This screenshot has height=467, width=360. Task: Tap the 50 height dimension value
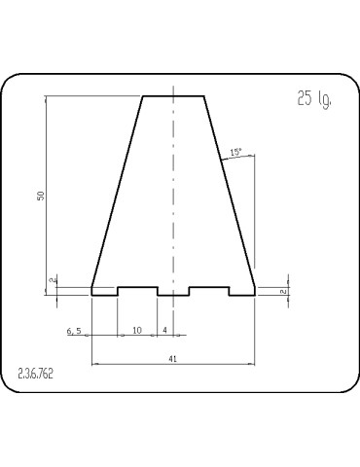[x=41, y=195]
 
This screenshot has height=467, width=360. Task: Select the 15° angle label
[x=235, y=152]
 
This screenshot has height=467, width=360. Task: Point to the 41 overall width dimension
[x=173, y=359]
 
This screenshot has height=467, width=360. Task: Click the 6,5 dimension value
[x=75, y=331]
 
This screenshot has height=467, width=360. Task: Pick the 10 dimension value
[x=137, y=331]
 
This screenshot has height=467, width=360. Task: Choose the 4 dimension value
[x=165, y=331]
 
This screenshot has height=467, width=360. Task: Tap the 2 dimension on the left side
[x=52, y=281]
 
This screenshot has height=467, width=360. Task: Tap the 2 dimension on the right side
[x=281, y=291]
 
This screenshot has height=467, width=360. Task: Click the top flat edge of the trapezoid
[x=173, y=95]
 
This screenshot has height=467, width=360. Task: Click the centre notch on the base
[x=173, y=291]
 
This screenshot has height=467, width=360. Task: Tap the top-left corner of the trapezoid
[x=143, y=95]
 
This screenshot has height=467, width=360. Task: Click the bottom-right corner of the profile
[x=255, y=294]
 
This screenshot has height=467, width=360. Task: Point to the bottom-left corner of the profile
[x=91, y=294]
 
